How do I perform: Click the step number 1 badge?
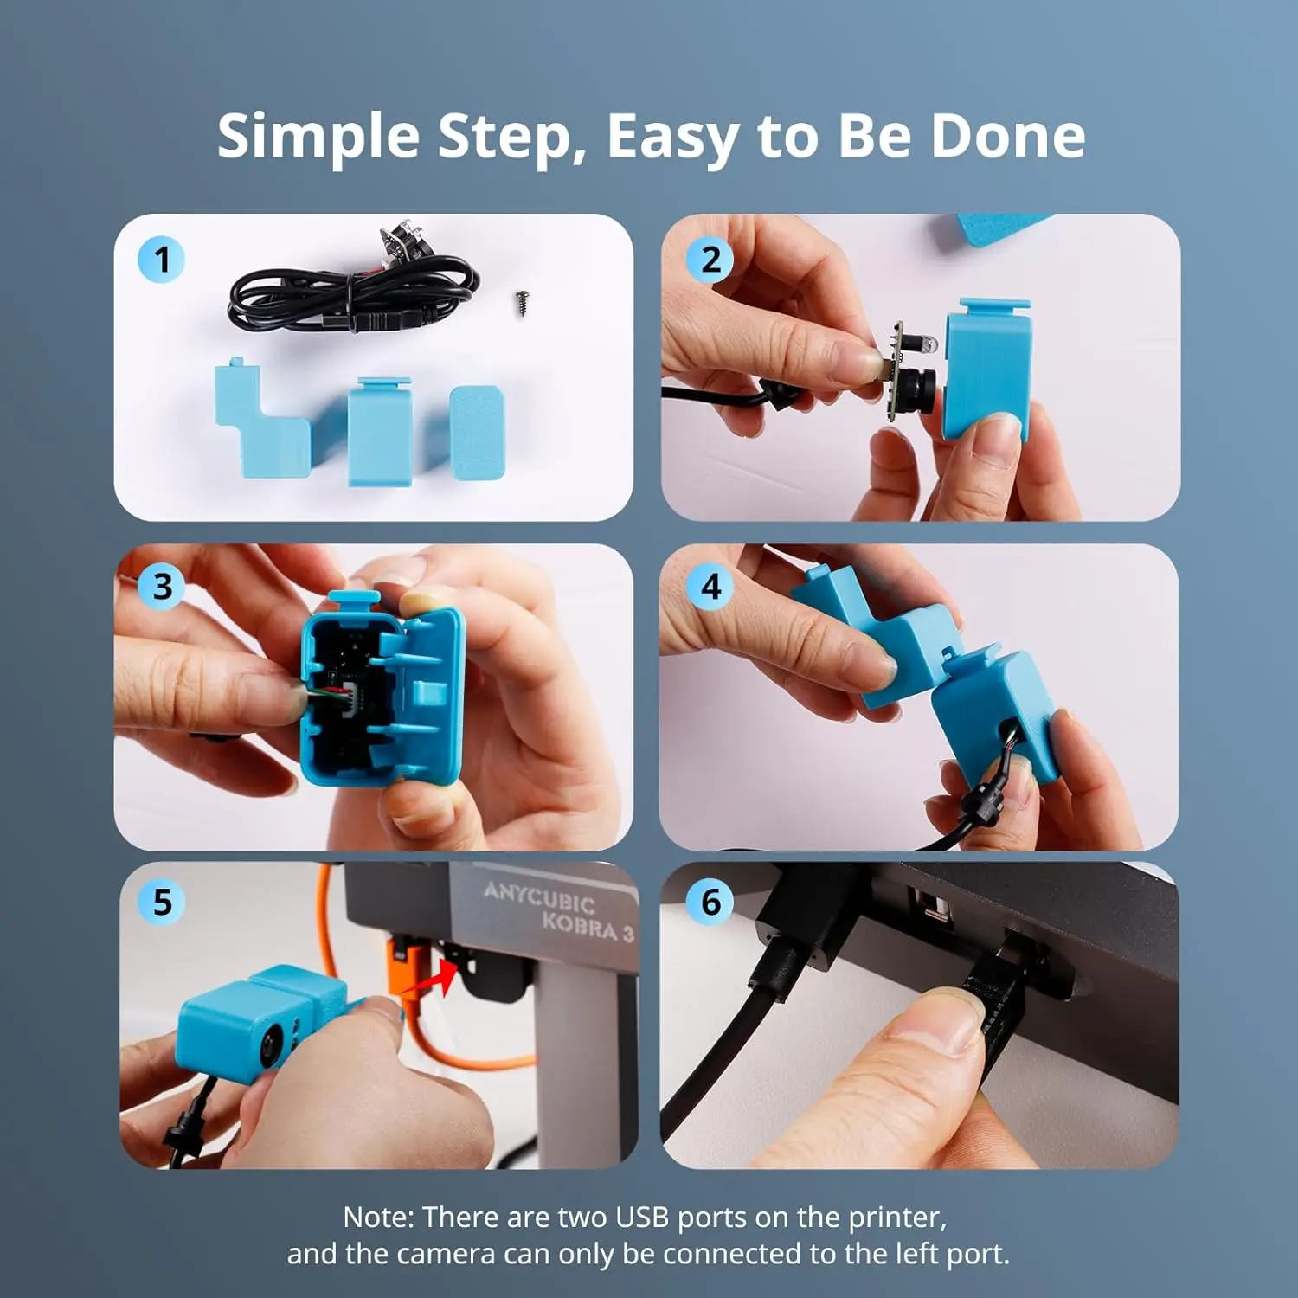(x=161, y=260)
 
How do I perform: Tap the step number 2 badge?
(x=710, y=260)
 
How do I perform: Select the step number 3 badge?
(x=162, y=587)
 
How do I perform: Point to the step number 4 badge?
(x=710, y=587)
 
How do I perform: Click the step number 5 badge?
(x=162, y=902)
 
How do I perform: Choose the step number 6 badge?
(x=710, y=902)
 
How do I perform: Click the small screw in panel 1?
(x=521, y=302)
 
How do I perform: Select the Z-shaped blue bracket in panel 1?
(x=260, y=424)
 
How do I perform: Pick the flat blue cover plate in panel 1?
(x=477, y=433)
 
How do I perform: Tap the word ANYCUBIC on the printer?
(x=538, y=897)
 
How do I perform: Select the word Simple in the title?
(x=318, y=136)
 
